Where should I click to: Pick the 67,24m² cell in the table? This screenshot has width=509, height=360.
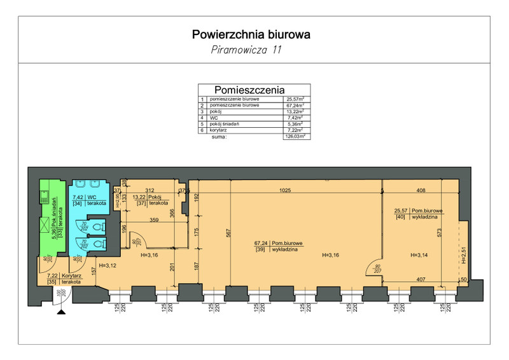click(293, 105)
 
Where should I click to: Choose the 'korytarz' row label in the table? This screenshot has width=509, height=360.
click(220, 130)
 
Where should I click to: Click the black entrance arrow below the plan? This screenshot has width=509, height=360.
click(61, 311)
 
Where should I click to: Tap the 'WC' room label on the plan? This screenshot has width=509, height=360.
click(91, 198)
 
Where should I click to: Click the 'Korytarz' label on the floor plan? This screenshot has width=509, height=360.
click(67, 275)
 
